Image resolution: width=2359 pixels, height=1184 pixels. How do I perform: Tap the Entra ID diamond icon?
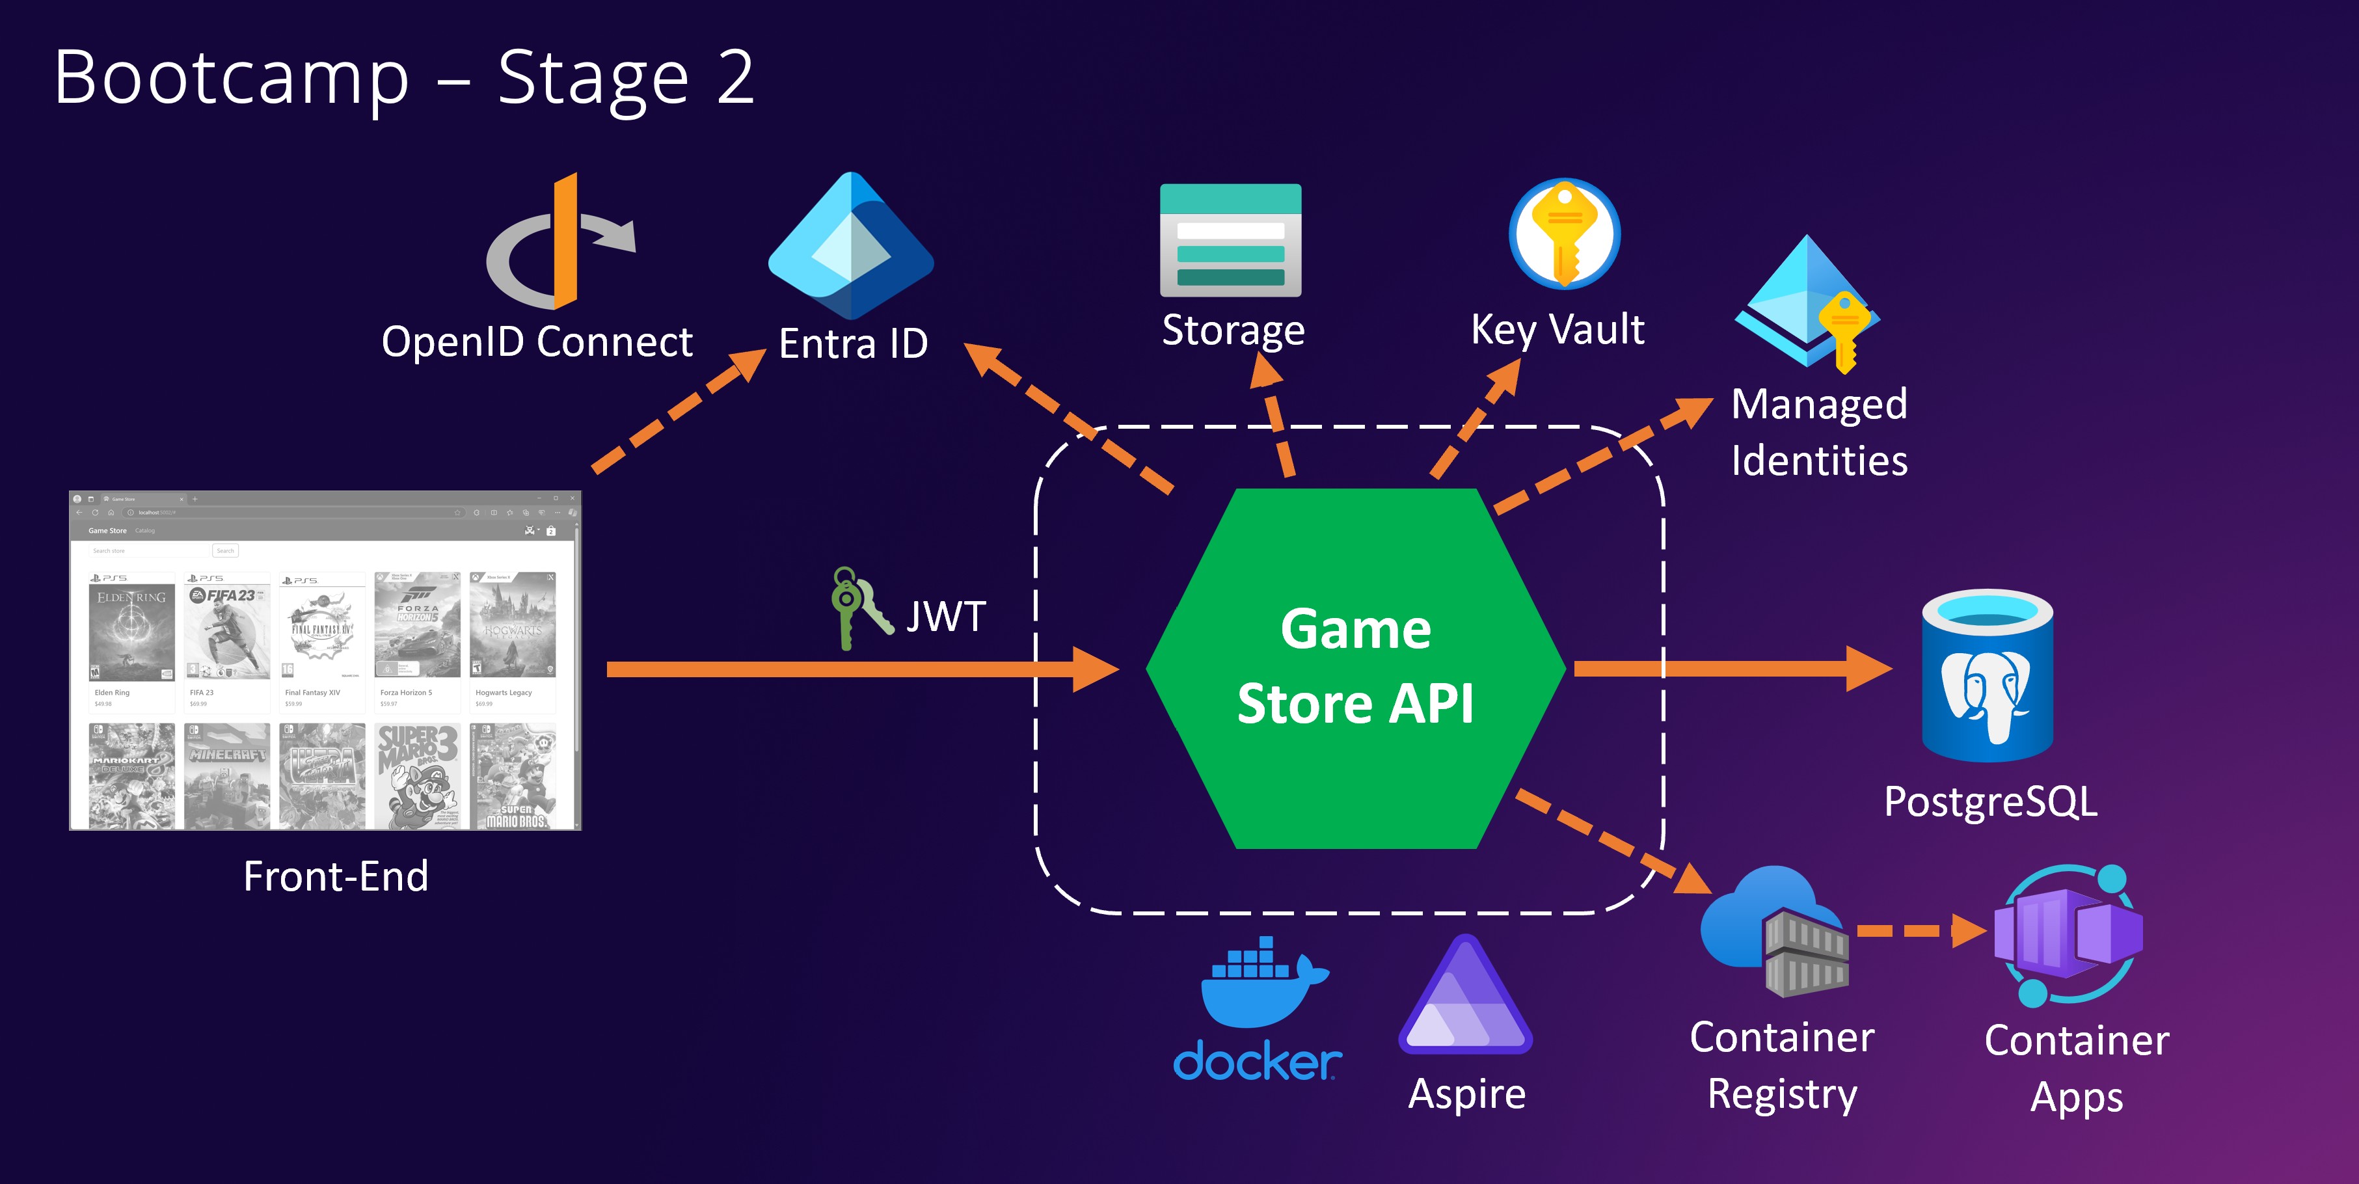[x=851, y=245]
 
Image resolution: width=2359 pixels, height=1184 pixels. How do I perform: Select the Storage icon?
[x=1230, y=241]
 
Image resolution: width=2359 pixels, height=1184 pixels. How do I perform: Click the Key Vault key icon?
[x=1564, y=234]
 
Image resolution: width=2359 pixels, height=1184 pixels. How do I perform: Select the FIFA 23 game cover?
[x=226, y=632]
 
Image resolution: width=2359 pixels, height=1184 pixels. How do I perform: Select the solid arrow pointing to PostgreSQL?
[x=1731, y=669]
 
